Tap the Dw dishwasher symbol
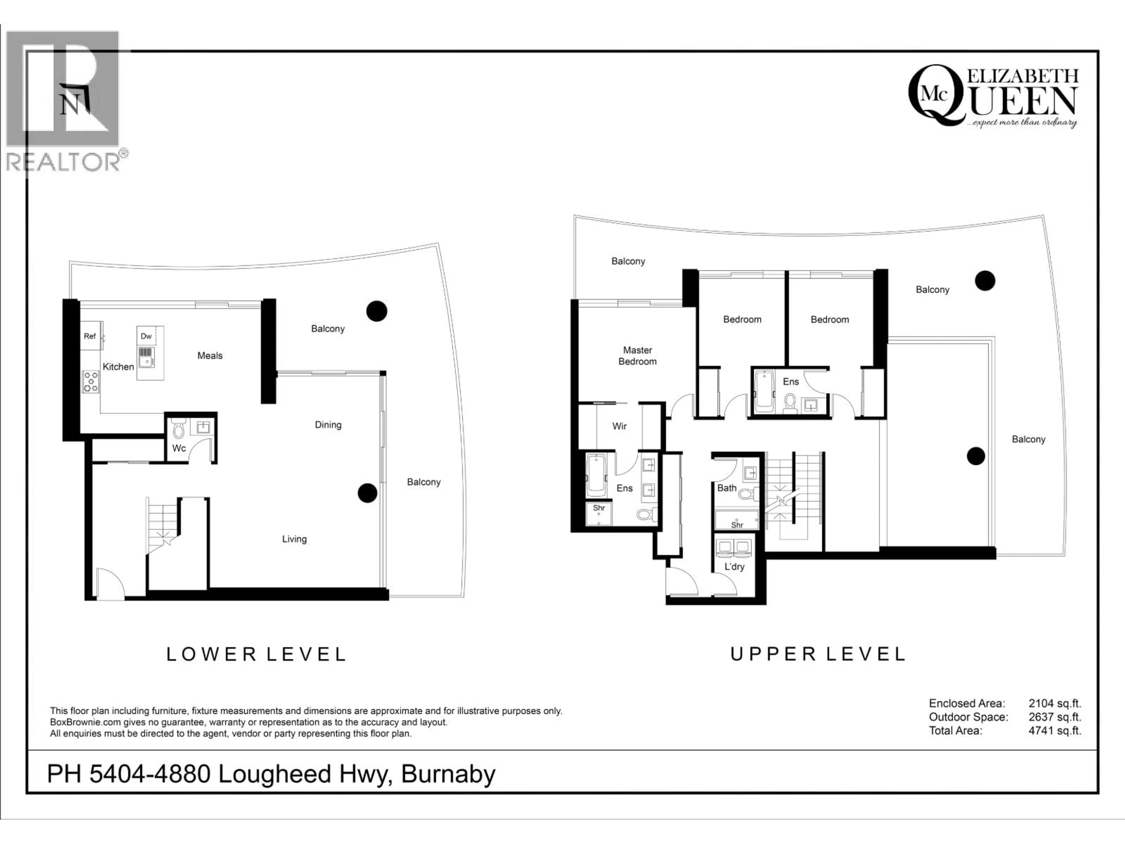point(146,336)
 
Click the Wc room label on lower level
point(179,448)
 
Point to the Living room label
point(294,539)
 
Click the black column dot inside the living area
point(367,493)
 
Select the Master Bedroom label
point(637,355)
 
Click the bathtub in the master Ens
point(596,476)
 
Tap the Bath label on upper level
point(727,488)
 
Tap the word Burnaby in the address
point(448,774)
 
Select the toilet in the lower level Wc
point(178,429)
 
